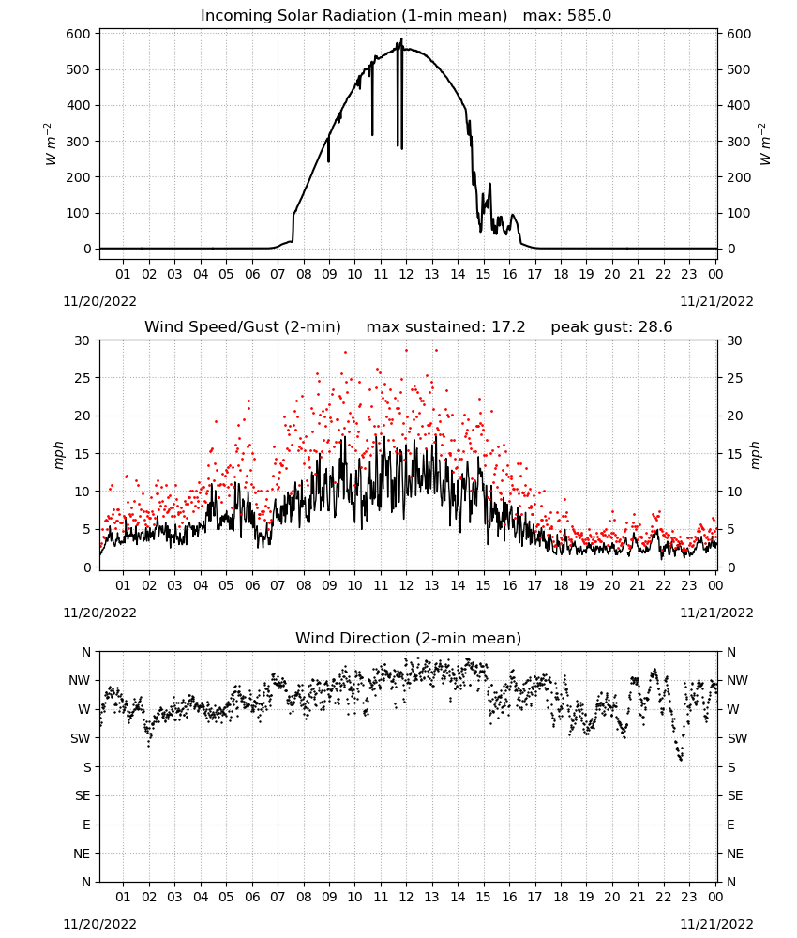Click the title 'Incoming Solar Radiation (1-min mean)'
pos(353,16)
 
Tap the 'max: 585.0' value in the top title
pos(567,16)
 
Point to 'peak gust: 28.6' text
pos(611,327)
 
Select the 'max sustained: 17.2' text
pos(446,327)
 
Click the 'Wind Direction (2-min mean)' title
pos(409,638)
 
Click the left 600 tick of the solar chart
pos(79,34)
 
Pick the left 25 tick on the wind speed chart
pos(83,378)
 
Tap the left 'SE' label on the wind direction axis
pos(83,796)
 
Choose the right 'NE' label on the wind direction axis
pos(735,854)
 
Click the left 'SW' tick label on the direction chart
pos(80,739)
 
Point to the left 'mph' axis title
pos(58,455)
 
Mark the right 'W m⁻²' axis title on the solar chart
pos(765,144)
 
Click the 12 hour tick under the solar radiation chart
pos(406,275)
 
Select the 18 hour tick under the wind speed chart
pos(561,585)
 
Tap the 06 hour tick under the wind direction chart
pos(252,898)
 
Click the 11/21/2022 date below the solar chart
pos(716,301)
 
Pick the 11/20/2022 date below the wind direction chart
pos(99,924)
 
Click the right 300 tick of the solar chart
pos(739,142)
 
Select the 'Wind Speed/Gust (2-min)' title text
pos(243,327)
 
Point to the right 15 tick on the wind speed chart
pos(735,454)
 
